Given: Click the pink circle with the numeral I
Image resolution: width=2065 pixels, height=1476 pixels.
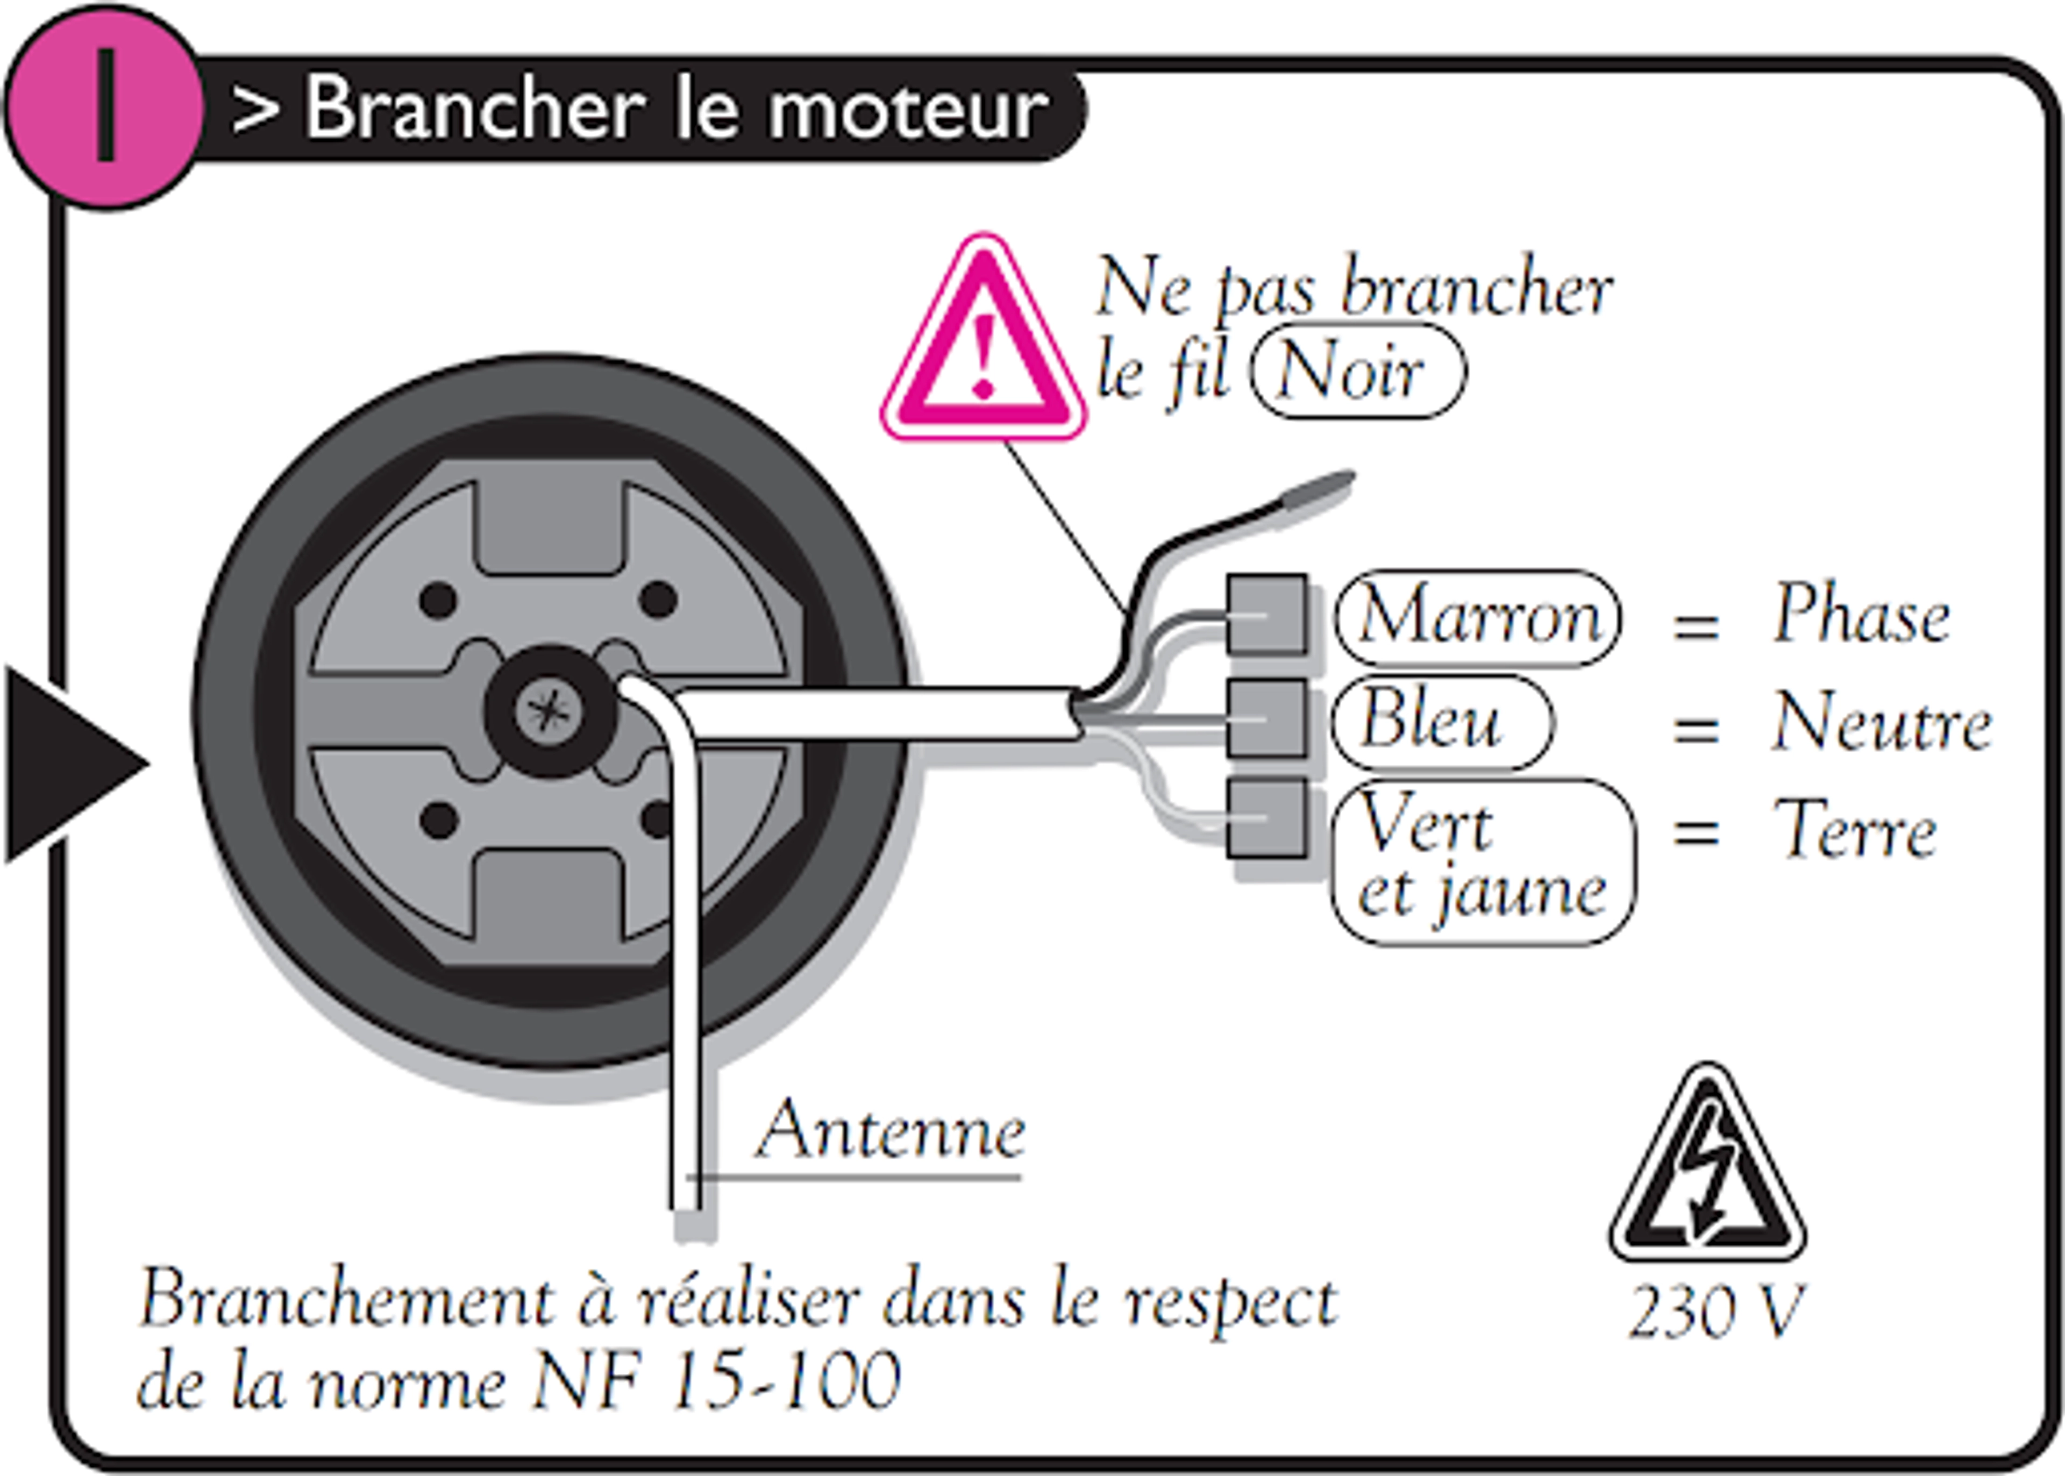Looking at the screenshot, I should pos(104,106).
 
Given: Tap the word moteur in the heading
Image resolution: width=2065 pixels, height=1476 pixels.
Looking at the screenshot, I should pos(909,109).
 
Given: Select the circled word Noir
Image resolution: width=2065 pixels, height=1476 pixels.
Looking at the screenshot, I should pos(1357,371).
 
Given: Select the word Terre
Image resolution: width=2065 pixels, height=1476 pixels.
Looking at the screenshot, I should pos(1854,830).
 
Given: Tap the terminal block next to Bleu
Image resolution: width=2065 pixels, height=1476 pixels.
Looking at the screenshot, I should pos(1266,718).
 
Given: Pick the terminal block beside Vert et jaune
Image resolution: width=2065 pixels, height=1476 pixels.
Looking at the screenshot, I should pos(1266,818).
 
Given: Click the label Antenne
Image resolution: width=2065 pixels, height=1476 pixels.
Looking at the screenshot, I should pos(891,1131).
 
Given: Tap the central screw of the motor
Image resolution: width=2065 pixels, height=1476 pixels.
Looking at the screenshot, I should pos(545,711).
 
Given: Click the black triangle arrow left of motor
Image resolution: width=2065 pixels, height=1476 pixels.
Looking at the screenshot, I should pos(68,764).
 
